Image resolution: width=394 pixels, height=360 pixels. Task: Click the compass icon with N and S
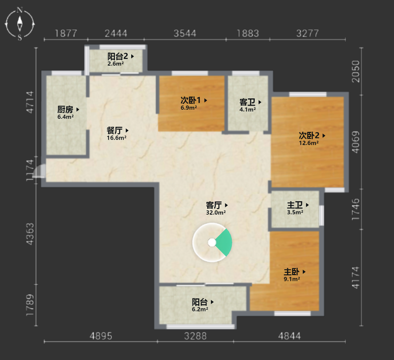[20, 24]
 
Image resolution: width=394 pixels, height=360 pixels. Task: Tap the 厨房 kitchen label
[65, 109]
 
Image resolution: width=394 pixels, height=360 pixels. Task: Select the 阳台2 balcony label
[118, 56]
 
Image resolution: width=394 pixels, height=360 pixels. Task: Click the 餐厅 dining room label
[114, 130]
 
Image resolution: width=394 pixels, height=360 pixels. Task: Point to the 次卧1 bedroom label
[191, 100]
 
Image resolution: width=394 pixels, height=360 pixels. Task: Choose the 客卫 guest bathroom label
[247, 102]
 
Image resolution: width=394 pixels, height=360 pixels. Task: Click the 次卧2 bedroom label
[309, 136]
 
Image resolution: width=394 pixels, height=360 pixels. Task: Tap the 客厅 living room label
[214, 205]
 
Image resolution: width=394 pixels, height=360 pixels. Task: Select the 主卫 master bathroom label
[295, 205]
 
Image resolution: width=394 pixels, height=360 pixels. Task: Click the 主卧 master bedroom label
[292, 271]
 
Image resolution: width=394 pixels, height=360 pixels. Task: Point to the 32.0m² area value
[216, 212]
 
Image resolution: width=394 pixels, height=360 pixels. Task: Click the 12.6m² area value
[309, 143]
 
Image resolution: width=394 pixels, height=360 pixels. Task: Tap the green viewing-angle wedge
[224, 242]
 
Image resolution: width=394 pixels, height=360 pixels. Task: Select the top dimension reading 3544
[185, 34]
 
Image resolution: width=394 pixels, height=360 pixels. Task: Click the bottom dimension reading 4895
[101, 336]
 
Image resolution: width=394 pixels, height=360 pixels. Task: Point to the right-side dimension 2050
[356, 71]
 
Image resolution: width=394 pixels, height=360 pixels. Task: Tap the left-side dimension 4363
[30, 234]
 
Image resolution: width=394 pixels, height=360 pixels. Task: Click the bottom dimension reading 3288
[195, 336]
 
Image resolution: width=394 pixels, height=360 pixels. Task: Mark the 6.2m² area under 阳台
[200, 309]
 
